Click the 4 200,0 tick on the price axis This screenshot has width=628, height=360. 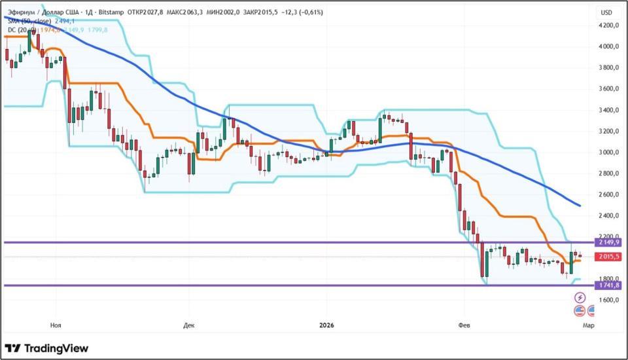pos(609,26)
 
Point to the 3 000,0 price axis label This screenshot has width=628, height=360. pos(609,153)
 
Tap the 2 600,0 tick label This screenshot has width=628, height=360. pos(609,194)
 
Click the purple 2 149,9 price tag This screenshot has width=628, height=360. pos(608,242)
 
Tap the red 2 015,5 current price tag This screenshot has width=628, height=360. pos(608,257)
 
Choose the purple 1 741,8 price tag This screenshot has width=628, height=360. pos(608,285)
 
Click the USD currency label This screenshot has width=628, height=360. pos(606,12)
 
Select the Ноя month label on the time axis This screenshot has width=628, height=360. pos(56,325)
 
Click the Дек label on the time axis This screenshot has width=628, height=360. pos(189,325)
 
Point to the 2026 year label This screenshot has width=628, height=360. pos(327,325)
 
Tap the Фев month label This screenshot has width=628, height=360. pos(463,325)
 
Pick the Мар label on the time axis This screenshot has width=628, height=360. pos(589,325)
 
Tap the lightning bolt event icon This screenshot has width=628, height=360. pos(580,298)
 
